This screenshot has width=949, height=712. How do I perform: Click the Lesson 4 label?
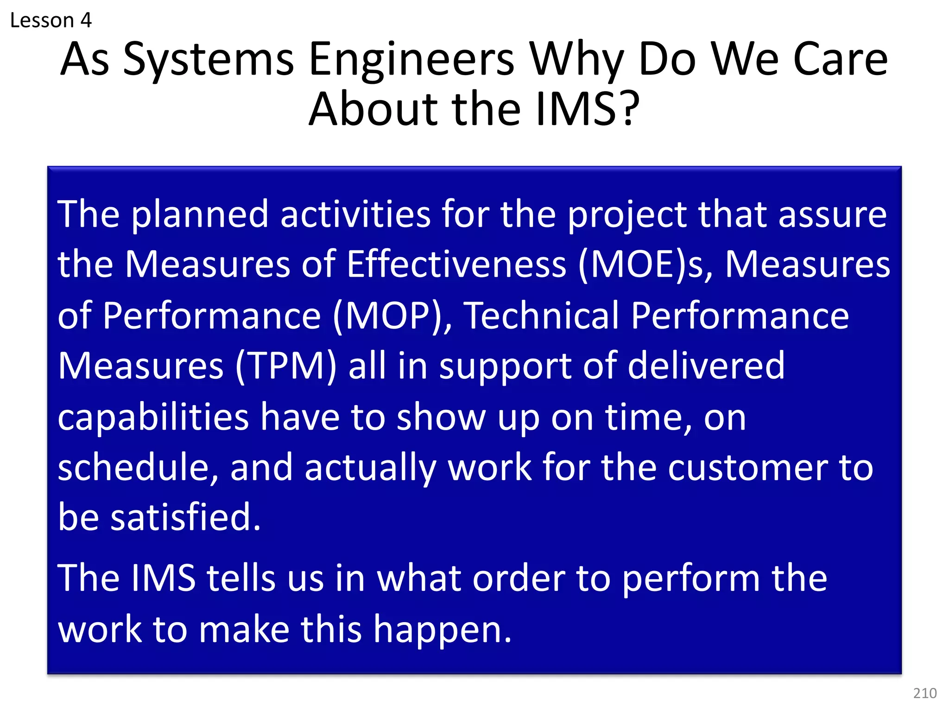click(x=51, y=20)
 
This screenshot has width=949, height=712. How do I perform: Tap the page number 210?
click(x=925, y=693)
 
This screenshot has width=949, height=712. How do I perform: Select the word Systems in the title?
click(x=209, y=60)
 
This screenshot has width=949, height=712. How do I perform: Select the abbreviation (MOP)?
click(x=392, y=316)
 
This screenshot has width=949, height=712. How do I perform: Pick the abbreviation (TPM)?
click(x=285, y=366)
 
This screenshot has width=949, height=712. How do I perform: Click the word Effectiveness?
click(x=456, y=265)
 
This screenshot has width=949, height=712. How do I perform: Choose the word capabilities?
click(x=153, y=417)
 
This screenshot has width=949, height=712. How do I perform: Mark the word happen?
click(x=443, y=630)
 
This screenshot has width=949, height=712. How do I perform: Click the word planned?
click(x=200, y=215)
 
